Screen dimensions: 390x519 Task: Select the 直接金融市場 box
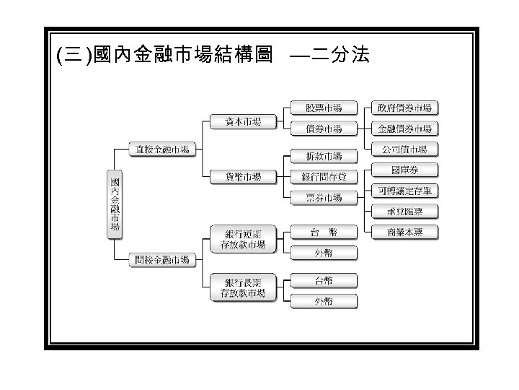pos(163,149)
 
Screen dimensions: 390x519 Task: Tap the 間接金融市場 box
pos(163,259)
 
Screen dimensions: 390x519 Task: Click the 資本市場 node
pos(242,121)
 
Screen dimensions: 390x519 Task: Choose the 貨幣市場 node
pos(242,177)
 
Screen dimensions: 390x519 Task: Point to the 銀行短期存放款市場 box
pos(242,239)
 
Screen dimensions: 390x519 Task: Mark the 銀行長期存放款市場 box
pos(242,287)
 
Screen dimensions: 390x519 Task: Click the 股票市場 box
pos(324,108)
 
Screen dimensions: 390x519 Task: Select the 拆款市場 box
pos(324,156)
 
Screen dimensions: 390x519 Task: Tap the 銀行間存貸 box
pos(324,177)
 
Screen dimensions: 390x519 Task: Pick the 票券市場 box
pos(324,197)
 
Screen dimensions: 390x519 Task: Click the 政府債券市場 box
pos(404,108)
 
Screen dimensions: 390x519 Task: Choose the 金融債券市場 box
pos(404,129)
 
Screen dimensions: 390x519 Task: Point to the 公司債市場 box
pos(404,149)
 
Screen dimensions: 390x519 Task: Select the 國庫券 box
pos(404,170)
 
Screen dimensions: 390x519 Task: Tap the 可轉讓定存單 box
pos(404,191)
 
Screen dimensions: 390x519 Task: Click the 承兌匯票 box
pos(404,212)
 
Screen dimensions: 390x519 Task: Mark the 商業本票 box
pos(404,232)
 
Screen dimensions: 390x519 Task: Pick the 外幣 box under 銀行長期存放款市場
pos(324,301)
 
